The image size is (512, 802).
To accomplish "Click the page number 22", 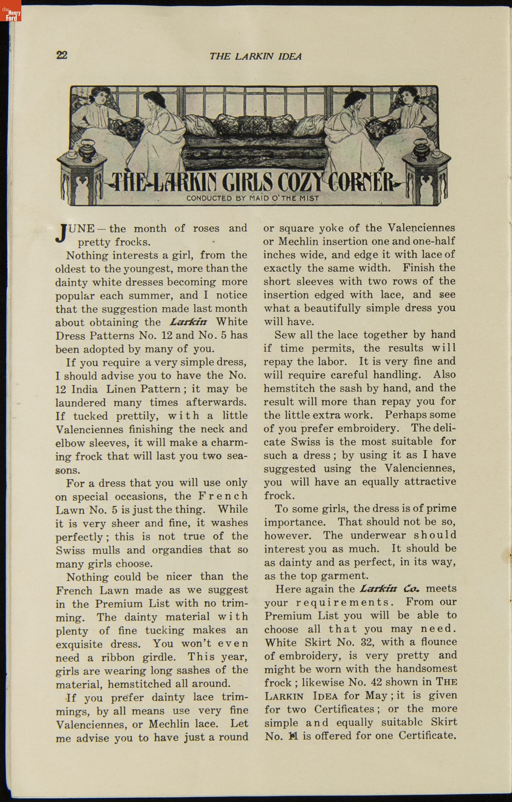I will click(x=61, y=55).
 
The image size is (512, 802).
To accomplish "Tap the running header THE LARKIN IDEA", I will click(x=255, y=56).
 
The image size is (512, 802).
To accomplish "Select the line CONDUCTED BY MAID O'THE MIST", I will click(x=253, y=198).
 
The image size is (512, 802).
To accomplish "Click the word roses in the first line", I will click(x=206, y=228).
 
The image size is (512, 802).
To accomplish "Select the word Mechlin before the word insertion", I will click(x=298, y=241).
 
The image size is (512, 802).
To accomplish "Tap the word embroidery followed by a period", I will click(x=376, y=428).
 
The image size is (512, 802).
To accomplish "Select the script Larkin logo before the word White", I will click(x=188, y=322).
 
